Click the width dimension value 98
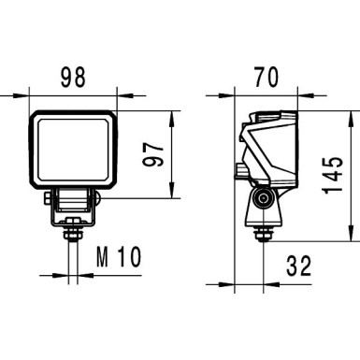(x=74, y=75)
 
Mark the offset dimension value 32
(x=298, y=266)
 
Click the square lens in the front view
(x=75, y=151)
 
